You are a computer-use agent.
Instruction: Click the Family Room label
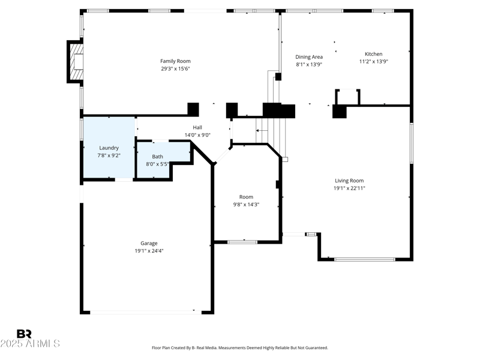pyautogui.click(x=175, y=61)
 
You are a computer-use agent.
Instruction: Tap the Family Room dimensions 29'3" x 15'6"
pyautogui.click(x=175, y=68)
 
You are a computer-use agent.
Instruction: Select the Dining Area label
pyautogui.click(x=309, y=57)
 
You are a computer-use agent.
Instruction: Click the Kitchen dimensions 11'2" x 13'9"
pyautogui.click(x=373, y=61)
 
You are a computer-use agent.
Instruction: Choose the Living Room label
pyautogui.click(x=349, y=181)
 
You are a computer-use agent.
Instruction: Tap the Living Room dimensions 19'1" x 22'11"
pyautogui.click(x=349, y=188)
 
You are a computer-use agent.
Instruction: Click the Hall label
pyautogui.click(x=197, y=127)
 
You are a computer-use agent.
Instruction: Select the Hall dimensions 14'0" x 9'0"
pyautogui.click(x=197, y=135)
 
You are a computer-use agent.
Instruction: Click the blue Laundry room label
pyautogui.click(x=109, y=148)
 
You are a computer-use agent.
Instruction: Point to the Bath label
pyautogui.click(x=157, y=157)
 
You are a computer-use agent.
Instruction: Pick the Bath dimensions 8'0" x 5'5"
pyautogui.click(x=157, y=164)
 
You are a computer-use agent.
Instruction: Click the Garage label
pyautogui.click(x=149, y=243)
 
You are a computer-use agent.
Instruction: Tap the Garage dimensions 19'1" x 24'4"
pyautogui.click(x=149, y=251)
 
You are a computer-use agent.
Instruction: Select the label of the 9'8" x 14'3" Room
pyautogui.click(x=246, y=197)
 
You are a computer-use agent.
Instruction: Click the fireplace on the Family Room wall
pyautogui.click(x=75, y=61)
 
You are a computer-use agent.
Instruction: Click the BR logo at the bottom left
pyautogui.click(x=24, y=334)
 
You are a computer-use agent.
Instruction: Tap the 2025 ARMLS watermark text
pyautogui.click(x=30, y=344)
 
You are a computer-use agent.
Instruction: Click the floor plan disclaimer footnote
pyautogui.click(x=240, y=348)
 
